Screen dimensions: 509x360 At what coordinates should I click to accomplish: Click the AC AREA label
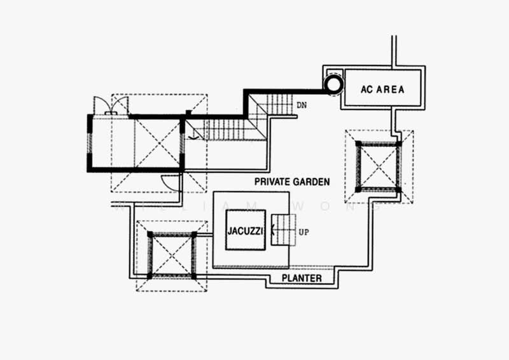point(382,89)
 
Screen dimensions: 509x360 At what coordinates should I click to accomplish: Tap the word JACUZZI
point(245,231)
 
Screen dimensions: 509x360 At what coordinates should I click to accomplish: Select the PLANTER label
point(302,278)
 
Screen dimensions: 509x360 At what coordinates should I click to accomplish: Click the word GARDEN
point(310,182)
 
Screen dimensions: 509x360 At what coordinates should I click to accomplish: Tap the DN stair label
point(301,105)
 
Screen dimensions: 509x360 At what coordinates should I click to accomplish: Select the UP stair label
point(303,232)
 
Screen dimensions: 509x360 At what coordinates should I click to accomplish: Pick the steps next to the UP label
point(283,230)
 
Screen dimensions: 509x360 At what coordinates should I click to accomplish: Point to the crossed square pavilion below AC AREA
point(379,167)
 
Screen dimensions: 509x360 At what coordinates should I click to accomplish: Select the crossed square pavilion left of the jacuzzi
point(172,256)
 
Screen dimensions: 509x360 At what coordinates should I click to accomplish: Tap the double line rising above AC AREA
point(394,52)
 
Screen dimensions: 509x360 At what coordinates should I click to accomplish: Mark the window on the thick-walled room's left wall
point(90,143)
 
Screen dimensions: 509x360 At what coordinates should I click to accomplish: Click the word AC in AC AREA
point(366,89)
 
